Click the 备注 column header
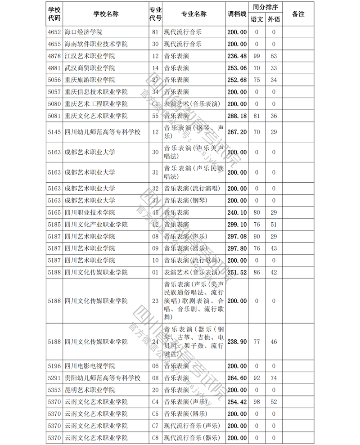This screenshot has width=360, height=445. [x=298, y=14]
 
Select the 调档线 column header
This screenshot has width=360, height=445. [x=237, y=14]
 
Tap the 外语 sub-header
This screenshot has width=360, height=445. [x=273, y=20]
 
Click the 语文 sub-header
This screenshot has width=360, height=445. [x=257, y=20]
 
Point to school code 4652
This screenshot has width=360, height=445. [x=54, y=32]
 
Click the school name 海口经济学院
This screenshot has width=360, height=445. [x=84, y=32]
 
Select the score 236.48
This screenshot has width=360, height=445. [x=237, y=56]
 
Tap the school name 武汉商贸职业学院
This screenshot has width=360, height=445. [x=90, y=68]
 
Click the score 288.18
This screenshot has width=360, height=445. [x=237, y=116]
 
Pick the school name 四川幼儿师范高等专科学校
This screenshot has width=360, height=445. [x=103, y=132]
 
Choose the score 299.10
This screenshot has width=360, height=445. [x=237, y=225]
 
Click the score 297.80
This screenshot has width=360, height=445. [x=237, y=248]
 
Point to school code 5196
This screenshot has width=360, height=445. [x=54, y=366]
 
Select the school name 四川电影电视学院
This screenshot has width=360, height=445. [x=90, y=366]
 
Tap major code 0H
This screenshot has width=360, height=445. [x=156, y=378]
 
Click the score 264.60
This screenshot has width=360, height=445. [x=237, y=378]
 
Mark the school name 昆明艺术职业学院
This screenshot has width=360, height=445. [x=90, y=390]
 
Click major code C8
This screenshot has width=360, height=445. [x=156, y=438]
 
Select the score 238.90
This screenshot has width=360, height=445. [x=237, y=342]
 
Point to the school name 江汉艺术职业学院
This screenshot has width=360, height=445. [x=90, y=56]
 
